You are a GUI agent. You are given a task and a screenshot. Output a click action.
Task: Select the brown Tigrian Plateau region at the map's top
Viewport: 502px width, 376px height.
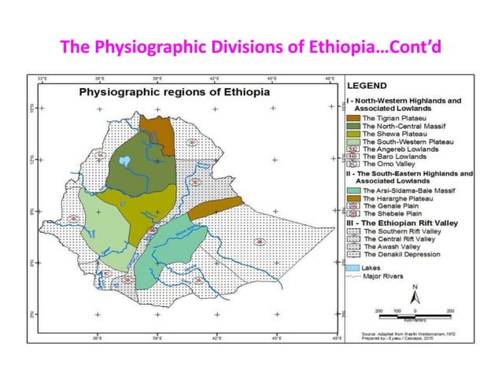[157, 127]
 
